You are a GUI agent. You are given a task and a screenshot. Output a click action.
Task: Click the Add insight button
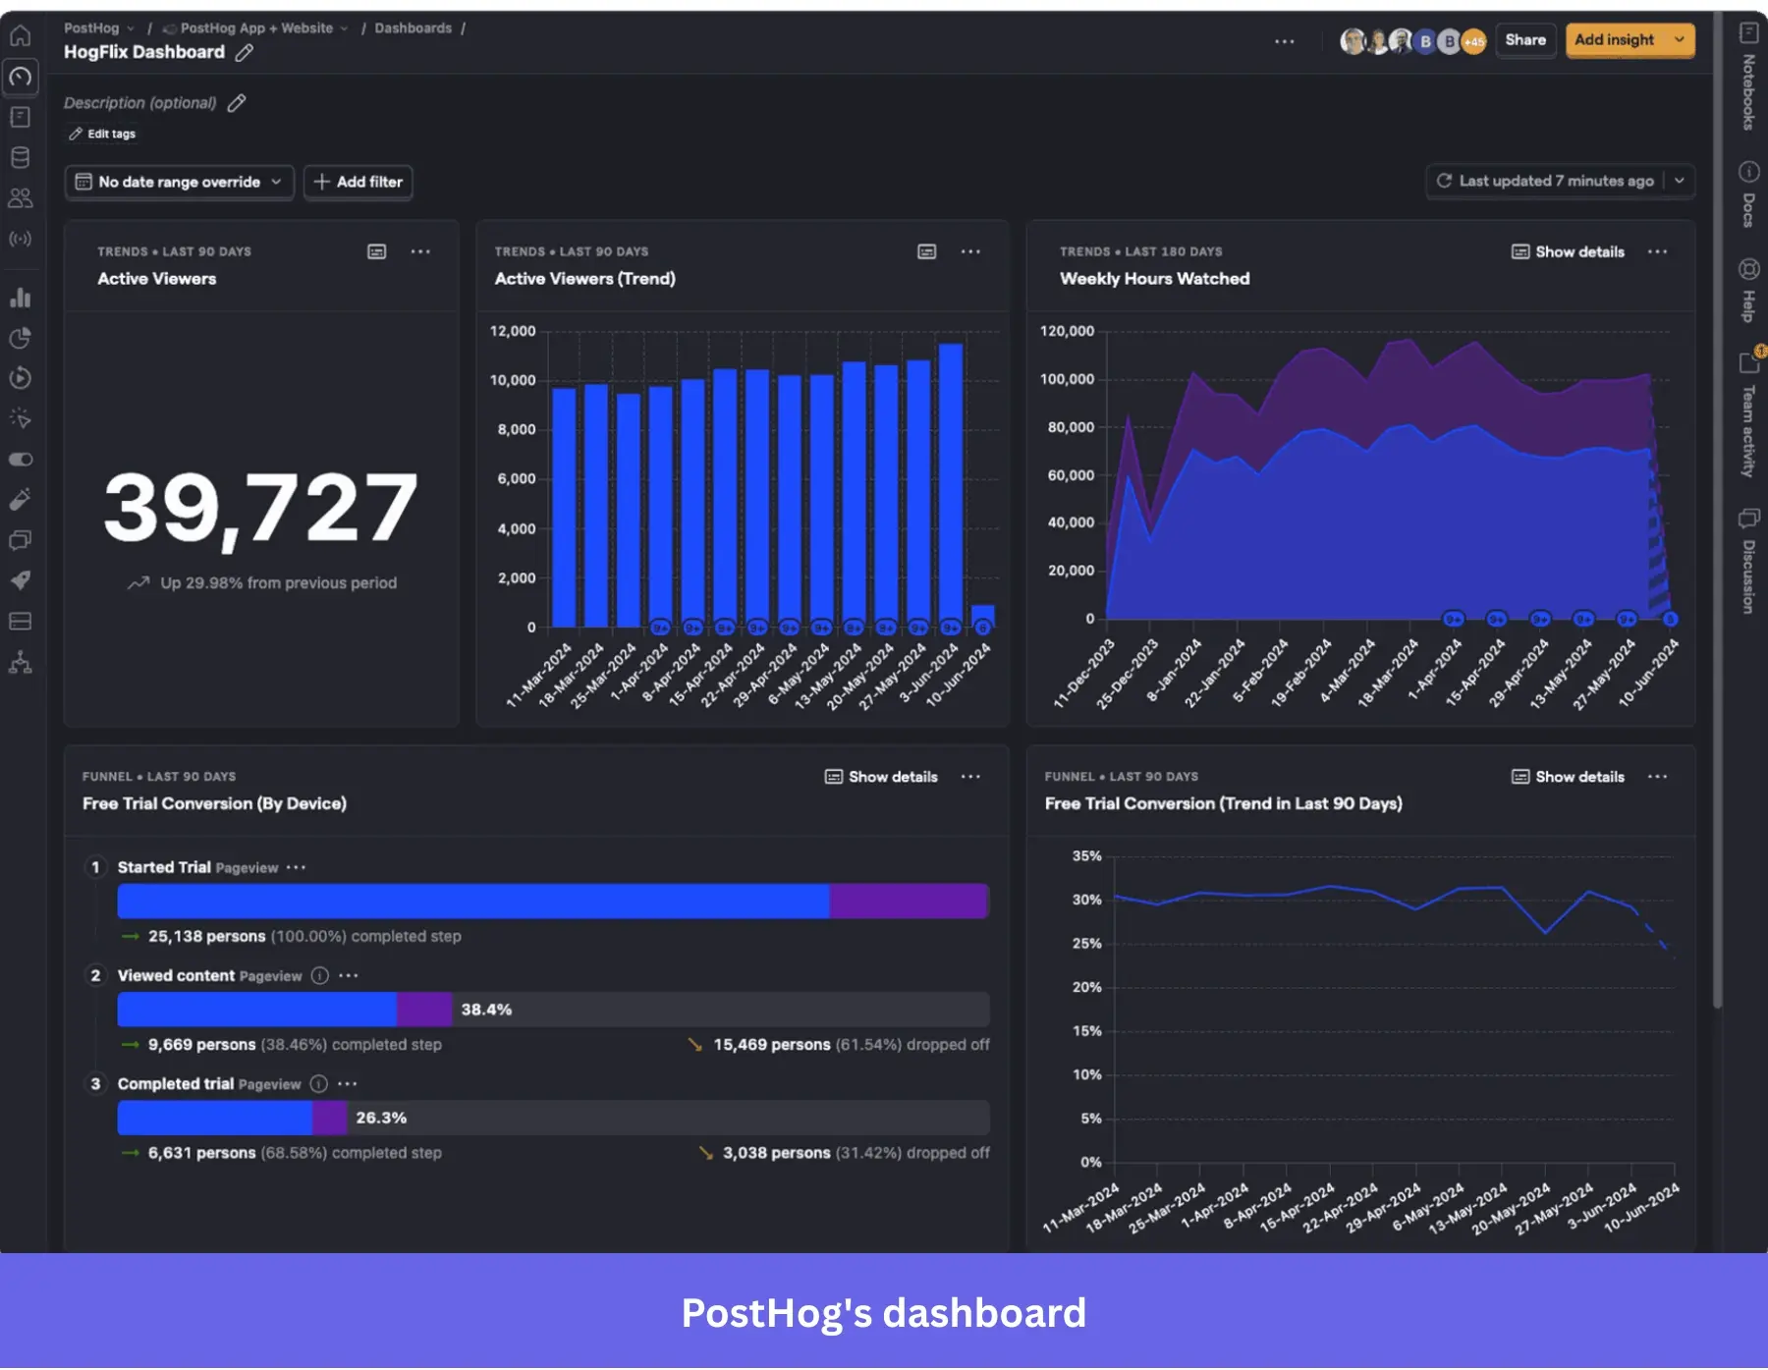[x=1615, y=40]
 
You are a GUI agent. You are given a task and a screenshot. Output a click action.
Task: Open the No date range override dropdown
[x=180, y=182]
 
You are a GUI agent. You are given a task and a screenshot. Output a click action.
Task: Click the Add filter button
[x=359, y=182]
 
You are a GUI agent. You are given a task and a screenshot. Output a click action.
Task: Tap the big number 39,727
[x=260, y=508]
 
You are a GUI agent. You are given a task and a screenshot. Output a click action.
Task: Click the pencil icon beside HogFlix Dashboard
[x=245, y=53]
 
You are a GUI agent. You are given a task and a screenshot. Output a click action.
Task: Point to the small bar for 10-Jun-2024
[x=982, y=616]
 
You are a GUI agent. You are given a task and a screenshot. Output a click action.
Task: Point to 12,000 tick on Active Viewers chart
[x=513, y=331]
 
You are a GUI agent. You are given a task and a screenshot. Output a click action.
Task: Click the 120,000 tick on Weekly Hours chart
[x=1067, y=331]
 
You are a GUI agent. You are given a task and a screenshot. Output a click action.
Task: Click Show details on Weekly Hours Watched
[x=1568, y=252]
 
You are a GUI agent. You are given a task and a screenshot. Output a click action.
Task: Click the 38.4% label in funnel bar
[x=486, y=1010]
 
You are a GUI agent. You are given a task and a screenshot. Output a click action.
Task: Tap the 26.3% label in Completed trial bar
[x=381, y=1118]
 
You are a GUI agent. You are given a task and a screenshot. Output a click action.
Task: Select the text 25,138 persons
[x=206, y=937]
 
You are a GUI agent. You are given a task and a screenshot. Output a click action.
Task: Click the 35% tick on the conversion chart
[x=1086, y=856]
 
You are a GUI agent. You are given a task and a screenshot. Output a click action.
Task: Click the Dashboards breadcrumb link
[x=413, y=28]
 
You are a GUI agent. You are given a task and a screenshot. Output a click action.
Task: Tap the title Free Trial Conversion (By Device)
[x=214, y=803]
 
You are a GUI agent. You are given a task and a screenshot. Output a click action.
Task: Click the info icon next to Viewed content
[x=320, y=975]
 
